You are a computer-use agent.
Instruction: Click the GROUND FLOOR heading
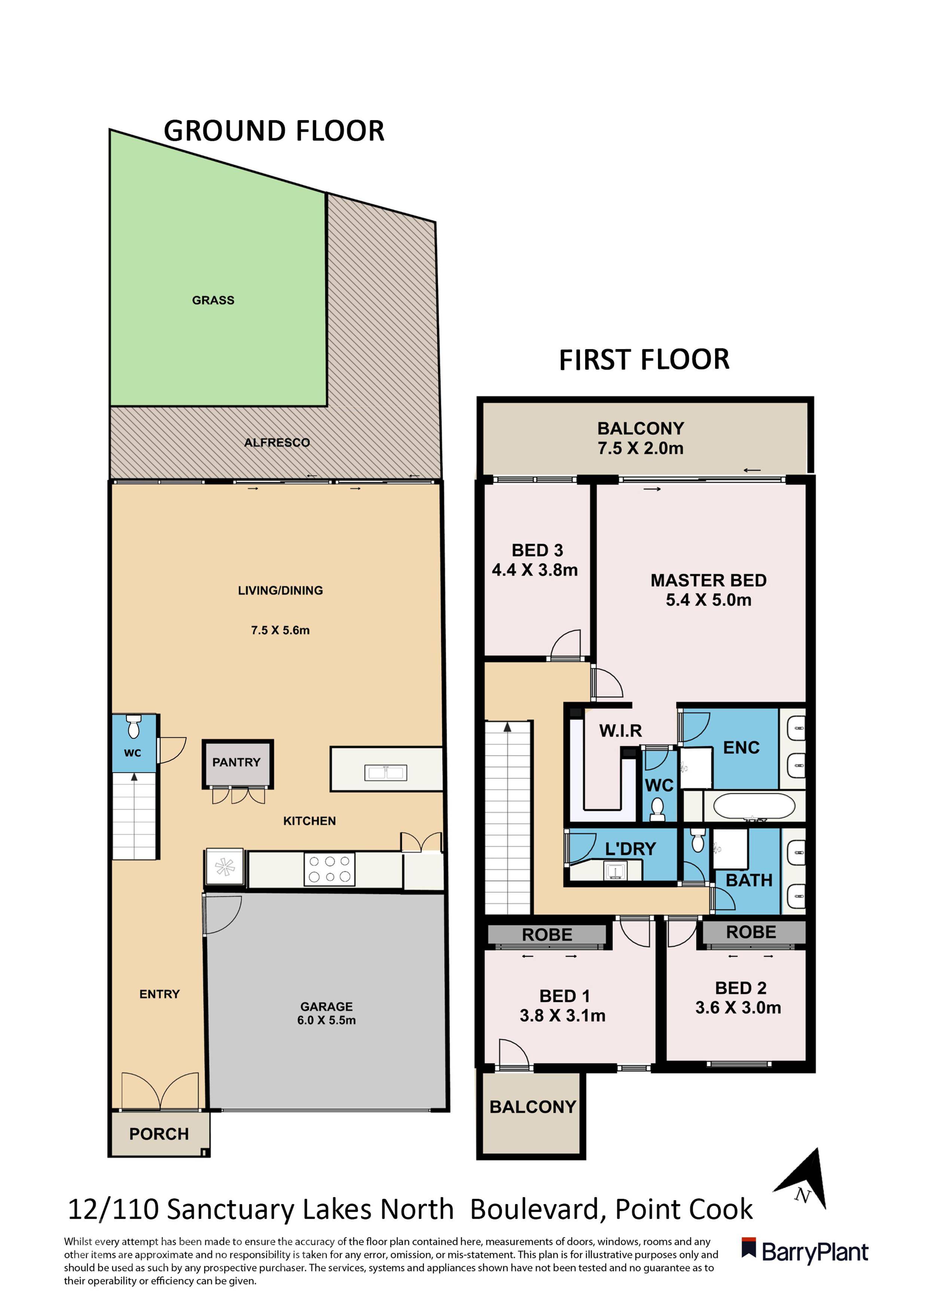(274, 131)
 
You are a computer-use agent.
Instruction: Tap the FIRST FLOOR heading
(644, 360)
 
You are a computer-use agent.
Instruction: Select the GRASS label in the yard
(213, 300)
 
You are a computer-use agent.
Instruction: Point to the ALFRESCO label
(277, 443)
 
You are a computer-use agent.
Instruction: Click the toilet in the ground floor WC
(133, 726)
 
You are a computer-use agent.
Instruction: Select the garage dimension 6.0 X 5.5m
(327, 1020)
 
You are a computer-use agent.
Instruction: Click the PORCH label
(159, 1134)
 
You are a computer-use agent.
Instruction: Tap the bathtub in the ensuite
(754, 806)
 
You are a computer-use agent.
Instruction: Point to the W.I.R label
(620, 731)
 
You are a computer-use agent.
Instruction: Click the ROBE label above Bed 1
(547, 935)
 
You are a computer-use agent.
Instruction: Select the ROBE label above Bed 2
(751, 932)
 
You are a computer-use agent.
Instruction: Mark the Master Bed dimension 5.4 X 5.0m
(708, 600)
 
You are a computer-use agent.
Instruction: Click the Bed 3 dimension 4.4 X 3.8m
(535, 570)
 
